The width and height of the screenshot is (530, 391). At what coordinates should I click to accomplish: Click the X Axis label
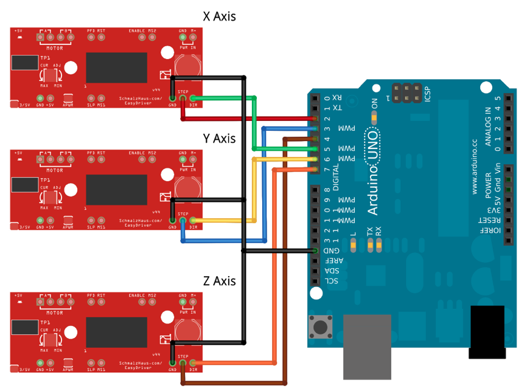click(x=219, y=16)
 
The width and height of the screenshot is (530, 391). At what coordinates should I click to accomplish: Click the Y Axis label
click(x=219, y=139)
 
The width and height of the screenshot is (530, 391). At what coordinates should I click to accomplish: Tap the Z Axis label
click(x=219, y=281)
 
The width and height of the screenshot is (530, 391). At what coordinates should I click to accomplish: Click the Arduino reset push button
click(x=318, y=327)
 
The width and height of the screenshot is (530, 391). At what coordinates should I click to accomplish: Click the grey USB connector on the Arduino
click(x=367, y=347)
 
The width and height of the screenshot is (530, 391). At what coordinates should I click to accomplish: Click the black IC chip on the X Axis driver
click(x=116, y=67)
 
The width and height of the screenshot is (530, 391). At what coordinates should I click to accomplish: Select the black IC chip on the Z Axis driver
click(x=116, y=331)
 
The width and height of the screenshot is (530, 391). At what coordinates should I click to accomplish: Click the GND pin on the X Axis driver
click(x=172, y=98)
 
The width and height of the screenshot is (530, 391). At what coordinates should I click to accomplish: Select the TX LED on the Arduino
click(x=369, y=244)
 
